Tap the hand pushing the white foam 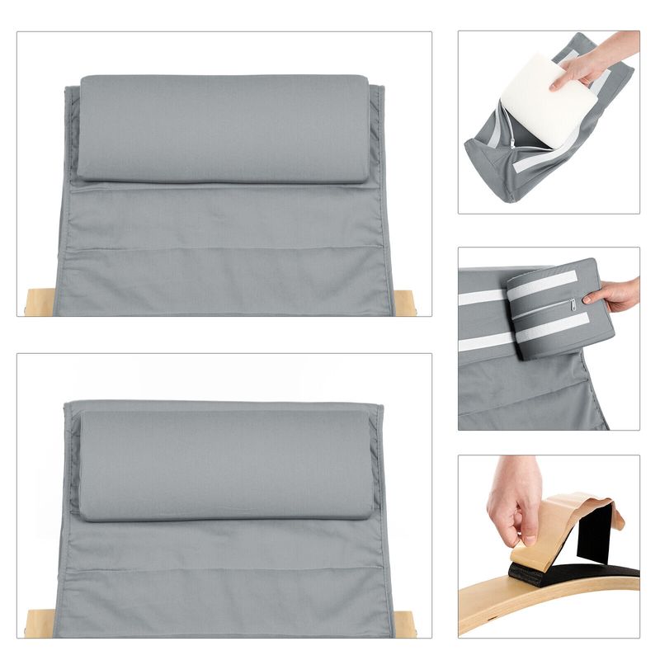coord(598,58)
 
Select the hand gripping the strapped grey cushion coord(615,293)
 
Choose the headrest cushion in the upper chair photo coord(223,128)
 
